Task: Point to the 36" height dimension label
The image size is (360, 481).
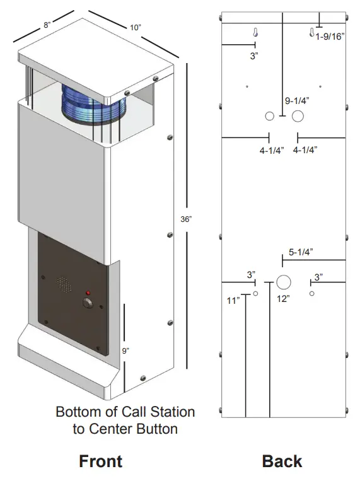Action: click(185, 219)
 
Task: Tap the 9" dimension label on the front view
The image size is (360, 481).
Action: click(127, 351)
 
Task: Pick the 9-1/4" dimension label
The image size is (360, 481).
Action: click(297, 100)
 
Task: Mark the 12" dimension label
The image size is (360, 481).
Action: click(282, 299)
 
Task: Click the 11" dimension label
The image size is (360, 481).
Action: click(233, 301)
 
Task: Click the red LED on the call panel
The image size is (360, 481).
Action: click(88, 293)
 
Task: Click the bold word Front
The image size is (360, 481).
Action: click(100, 461)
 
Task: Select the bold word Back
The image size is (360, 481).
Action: click(282, 461)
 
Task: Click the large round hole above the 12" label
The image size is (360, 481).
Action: click(283, 281)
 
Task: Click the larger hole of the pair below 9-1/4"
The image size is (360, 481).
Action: click(298, 116)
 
